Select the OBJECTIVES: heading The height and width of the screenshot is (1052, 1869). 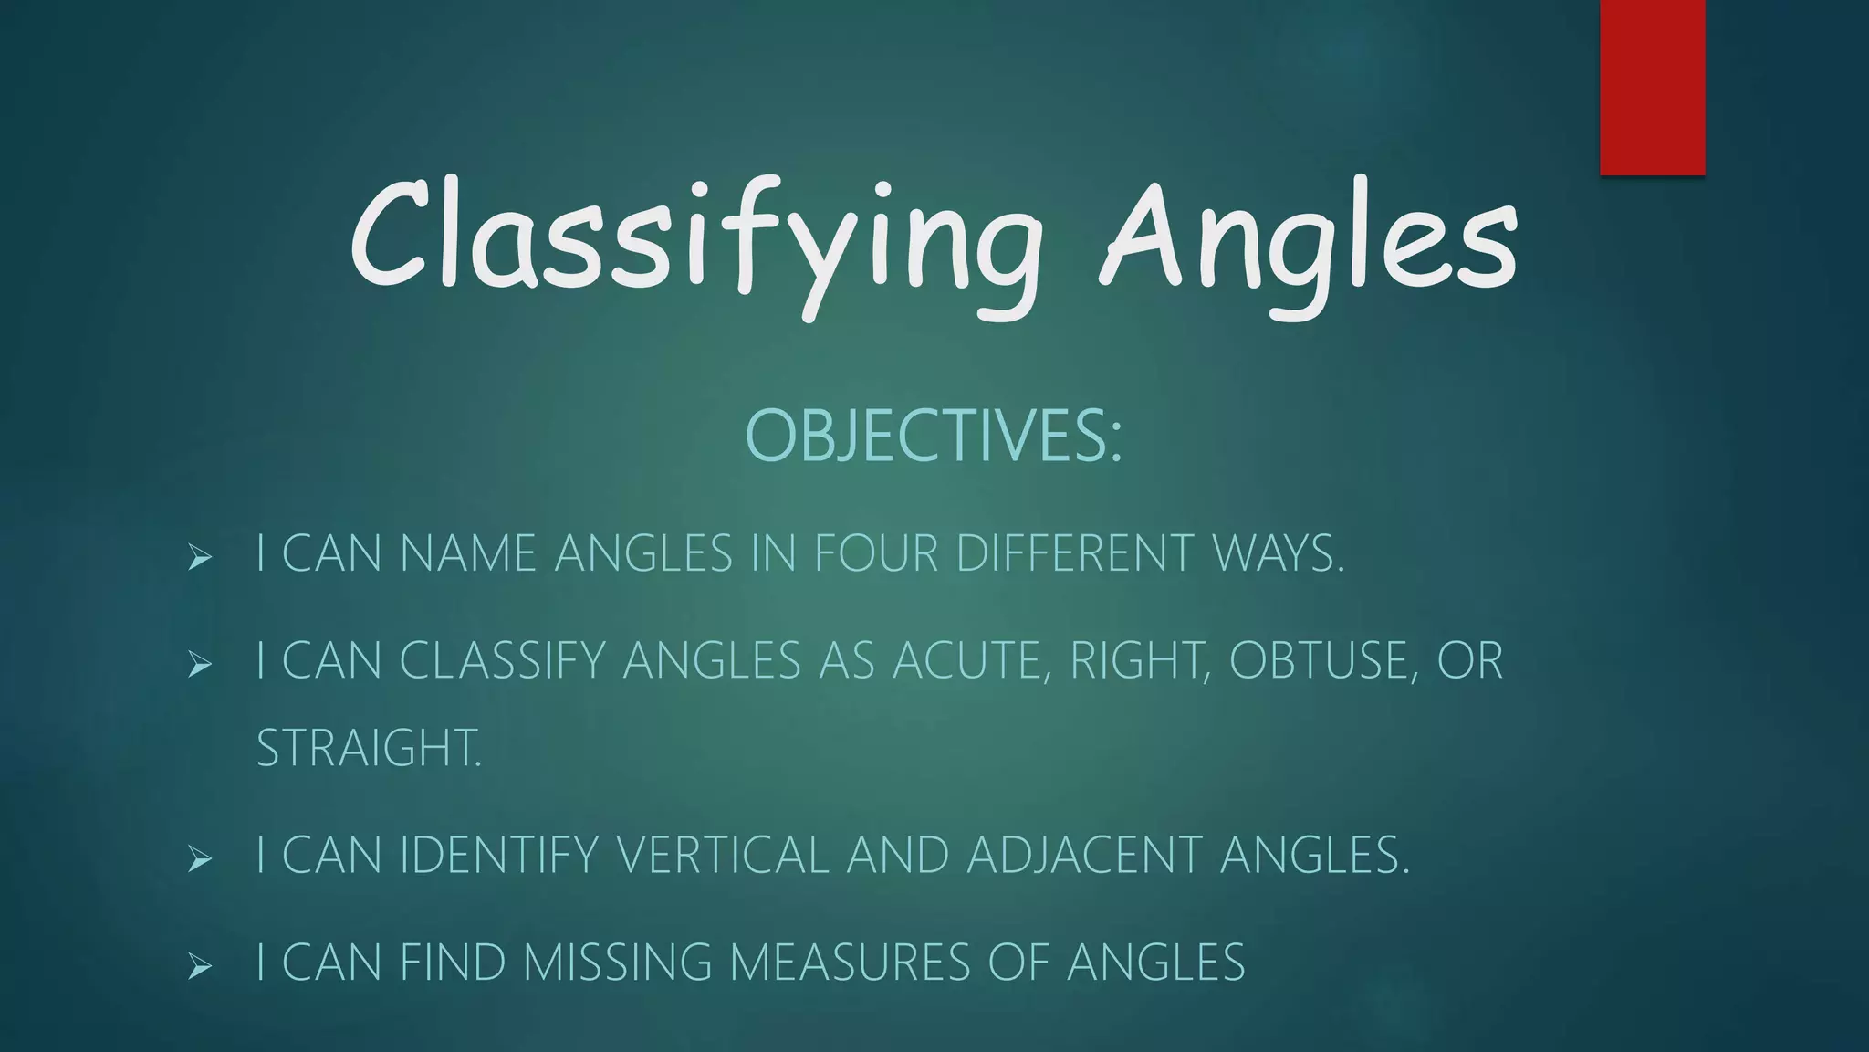934,435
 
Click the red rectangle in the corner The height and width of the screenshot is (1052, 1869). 1652,87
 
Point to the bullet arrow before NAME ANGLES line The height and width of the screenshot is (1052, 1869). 200,556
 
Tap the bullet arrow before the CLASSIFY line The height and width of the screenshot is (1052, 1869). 200,663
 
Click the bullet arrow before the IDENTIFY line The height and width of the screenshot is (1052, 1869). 200,857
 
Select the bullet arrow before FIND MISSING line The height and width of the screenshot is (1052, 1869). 200,964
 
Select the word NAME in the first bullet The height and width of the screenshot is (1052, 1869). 468,553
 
